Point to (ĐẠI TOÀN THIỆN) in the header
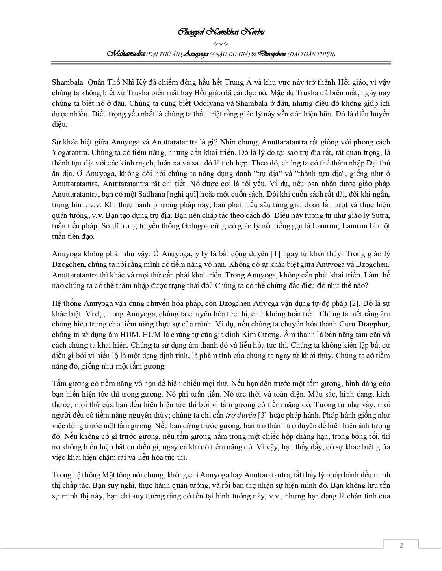311,54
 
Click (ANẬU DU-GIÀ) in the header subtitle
230,54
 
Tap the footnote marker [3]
263,415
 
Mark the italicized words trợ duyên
241,415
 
